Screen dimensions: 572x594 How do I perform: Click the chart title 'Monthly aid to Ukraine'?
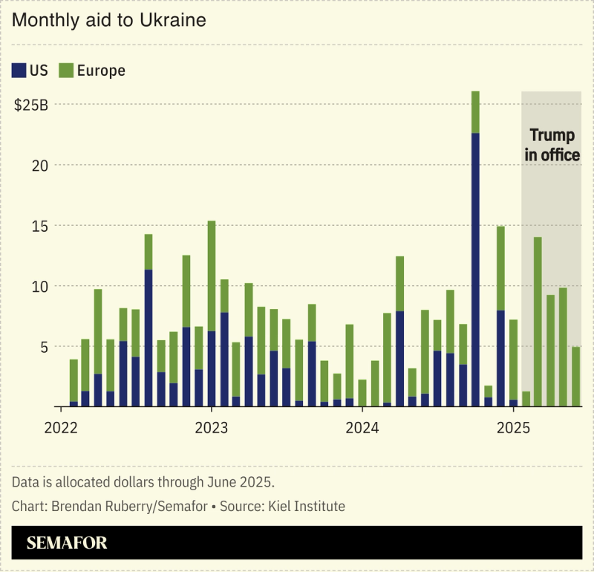click(109, 21)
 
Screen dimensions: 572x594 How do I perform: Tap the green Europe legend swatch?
click(66, 71)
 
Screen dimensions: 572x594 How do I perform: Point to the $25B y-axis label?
click(32, 105)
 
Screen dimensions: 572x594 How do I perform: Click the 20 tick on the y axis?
click(41, 165)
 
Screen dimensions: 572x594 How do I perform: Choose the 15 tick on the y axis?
click(41, 226)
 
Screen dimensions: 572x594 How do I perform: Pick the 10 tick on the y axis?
click(41, 286)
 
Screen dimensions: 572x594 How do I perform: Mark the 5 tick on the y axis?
click(44, 347)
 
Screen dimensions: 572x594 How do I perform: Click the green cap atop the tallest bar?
click(475, 112)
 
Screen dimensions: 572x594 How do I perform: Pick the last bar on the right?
click(575, 377)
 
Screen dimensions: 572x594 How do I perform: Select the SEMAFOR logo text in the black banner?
click(67, 543)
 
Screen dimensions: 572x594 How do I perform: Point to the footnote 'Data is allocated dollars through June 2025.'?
click(143, 482)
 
